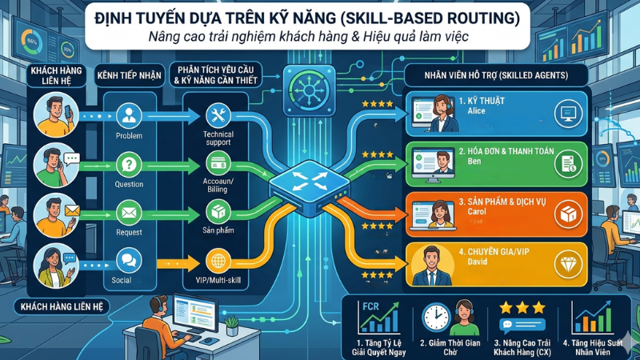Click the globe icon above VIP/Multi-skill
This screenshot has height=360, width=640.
218,261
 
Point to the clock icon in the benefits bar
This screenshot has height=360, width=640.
435,318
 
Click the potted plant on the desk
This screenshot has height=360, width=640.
232,324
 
